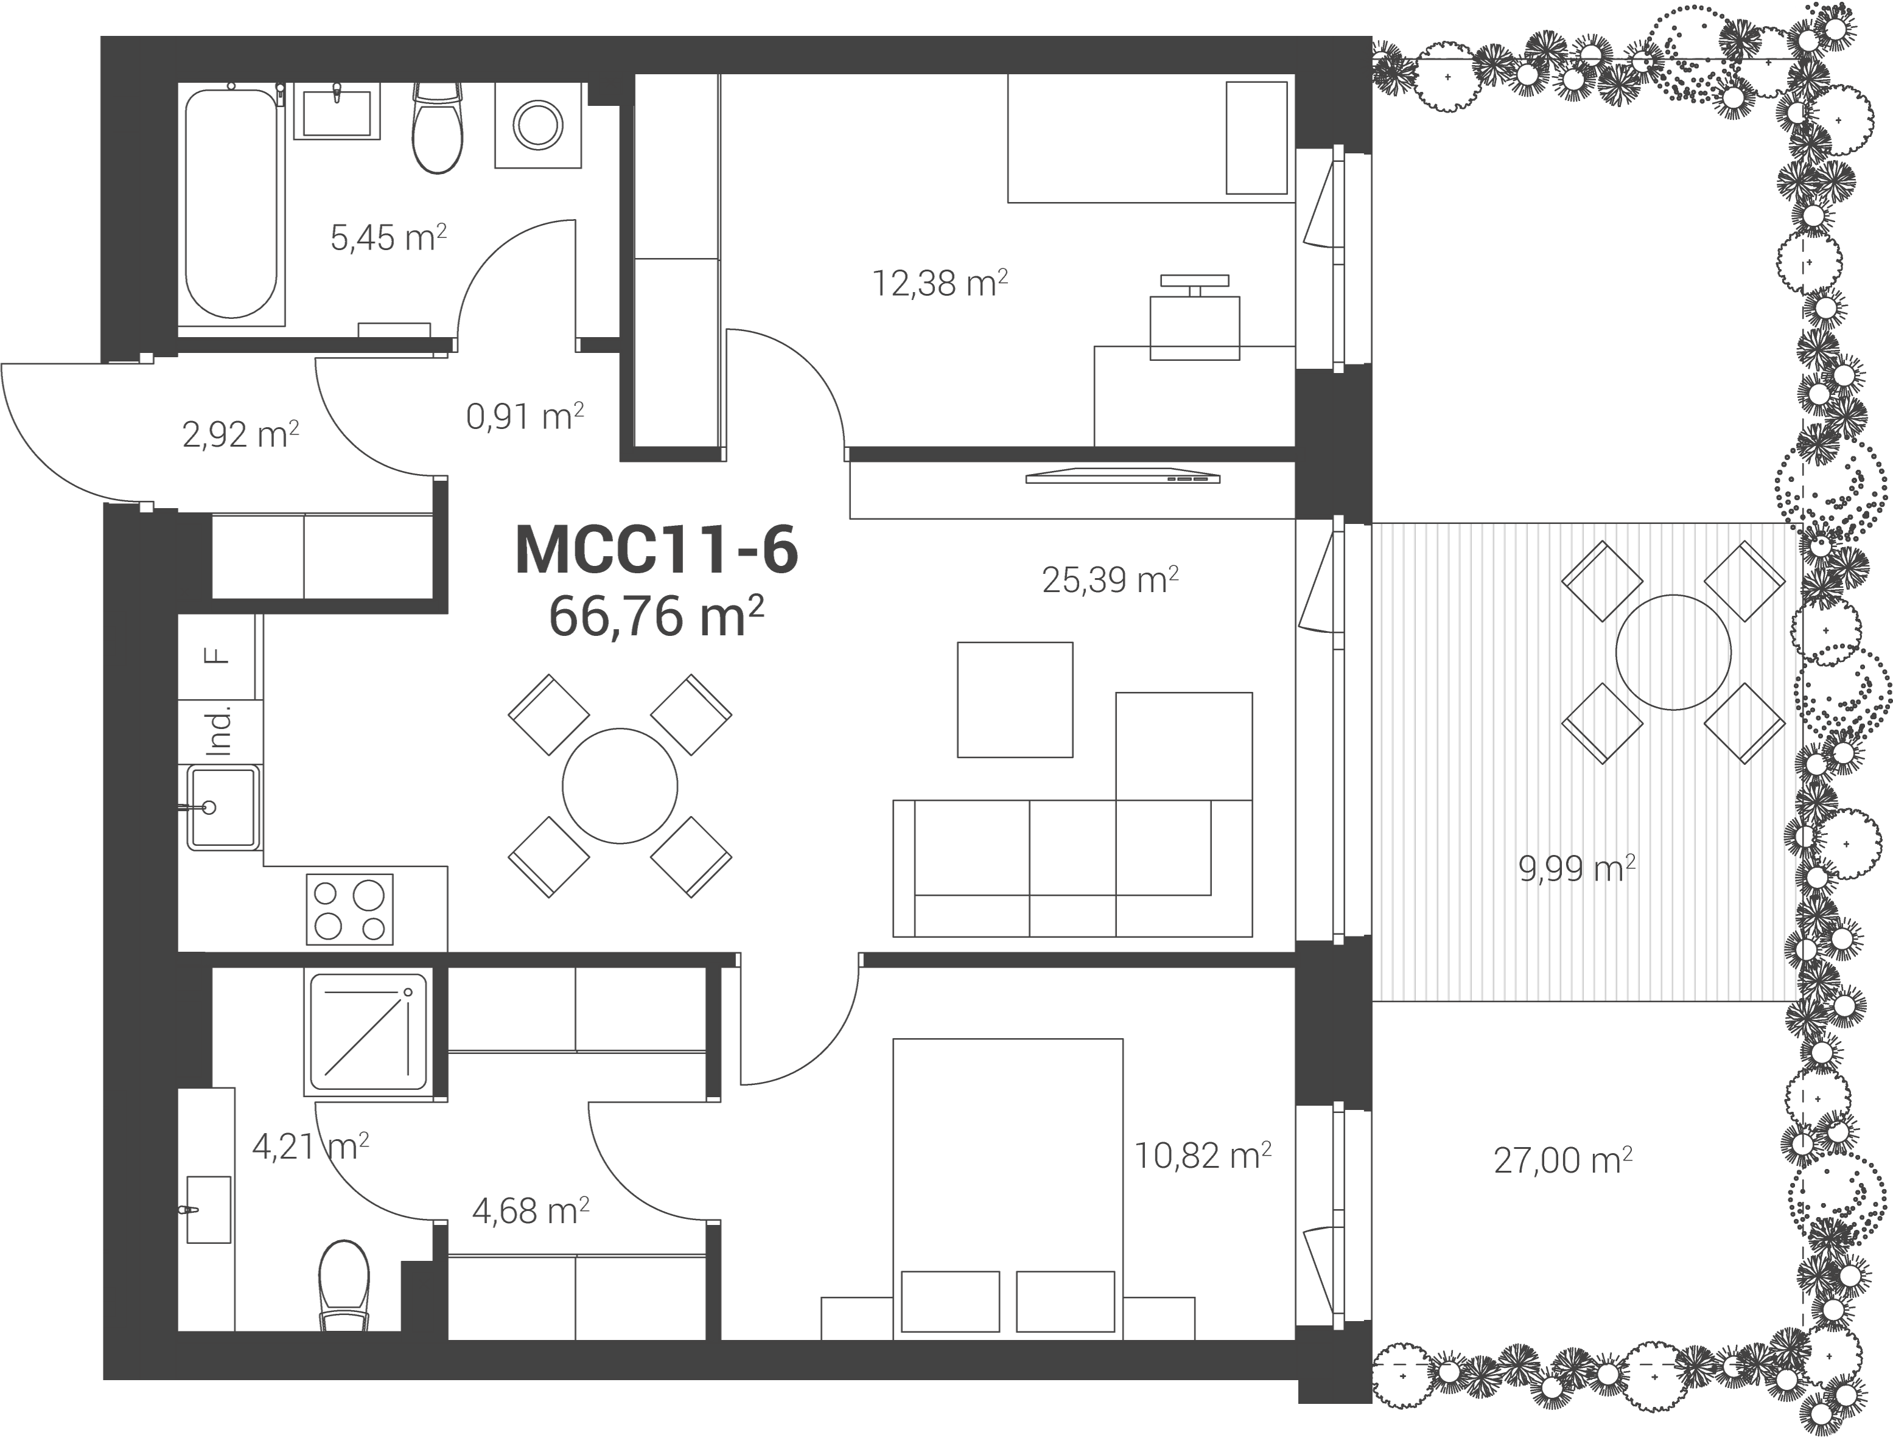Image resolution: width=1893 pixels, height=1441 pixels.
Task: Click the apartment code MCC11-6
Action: pyautogui.click(x=656, y=550)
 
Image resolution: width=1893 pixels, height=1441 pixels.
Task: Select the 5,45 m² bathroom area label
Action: pyautogui.click(x=388, y=237)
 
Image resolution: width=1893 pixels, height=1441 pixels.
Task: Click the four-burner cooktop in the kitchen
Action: pyautogui.click(x=350, y=909)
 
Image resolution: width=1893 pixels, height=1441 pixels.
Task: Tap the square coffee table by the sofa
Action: pyautogui.click(x=1015, y=700)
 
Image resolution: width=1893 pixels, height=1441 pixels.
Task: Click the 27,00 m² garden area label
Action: pyautogui.click(x=1562, y=1160)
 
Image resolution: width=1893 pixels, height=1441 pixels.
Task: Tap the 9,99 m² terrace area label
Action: pyautogui.click(x=1576, y=869)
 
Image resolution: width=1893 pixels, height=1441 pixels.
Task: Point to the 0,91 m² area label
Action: pyautogui.click(x=525, y=416)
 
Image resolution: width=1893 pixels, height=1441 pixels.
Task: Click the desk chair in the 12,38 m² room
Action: pyautogui.click(x=1195, y=318)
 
